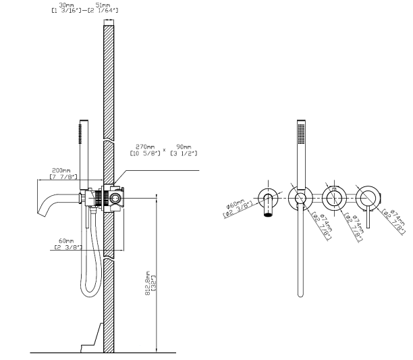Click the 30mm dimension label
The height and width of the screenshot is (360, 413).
coord(66,5)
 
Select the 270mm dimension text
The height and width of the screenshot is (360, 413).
coord(145,147)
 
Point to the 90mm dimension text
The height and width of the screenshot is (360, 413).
coord(184,147)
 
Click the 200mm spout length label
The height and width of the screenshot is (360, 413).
coord(61,170)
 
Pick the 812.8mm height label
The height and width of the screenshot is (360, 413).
coord(148,283)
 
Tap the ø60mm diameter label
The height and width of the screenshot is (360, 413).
coord(236,205)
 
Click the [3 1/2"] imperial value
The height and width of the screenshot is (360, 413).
coord(184,153)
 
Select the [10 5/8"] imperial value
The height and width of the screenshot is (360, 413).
coord(145,153)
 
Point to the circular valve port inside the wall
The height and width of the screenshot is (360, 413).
coord(115,198)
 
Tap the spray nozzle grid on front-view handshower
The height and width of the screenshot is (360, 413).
coord(301,134)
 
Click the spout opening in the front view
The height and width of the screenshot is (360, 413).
coord(268,215)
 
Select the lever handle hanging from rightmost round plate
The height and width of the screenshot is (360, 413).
coord(368,217)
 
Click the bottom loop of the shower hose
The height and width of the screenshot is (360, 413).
coord(90,292)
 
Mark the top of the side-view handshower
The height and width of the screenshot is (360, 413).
coord(84,121)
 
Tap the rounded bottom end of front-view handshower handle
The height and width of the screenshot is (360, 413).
coord(300,295)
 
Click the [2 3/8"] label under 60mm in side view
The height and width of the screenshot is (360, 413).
coord(68,247)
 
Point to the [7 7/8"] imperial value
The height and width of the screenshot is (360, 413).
coord(63,176)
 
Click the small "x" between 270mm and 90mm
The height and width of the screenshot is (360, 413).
coord(165,150)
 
